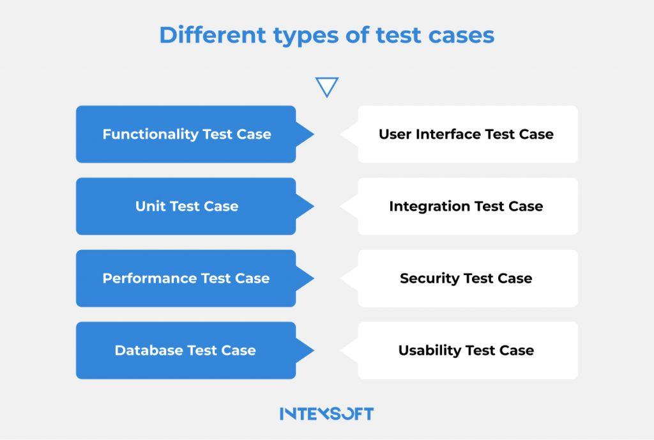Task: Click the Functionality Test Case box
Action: [x=186, y=134]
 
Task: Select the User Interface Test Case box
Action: [x=468, y=134]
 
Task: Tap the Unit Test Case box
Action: [x=186, y=207]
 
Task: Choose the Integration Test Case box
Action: [x=468, y=207]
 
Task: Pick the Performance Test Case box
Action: [x=186, y=278]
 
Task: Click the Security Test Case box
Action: [x=468, y=278]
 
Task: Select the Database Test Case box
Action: [x=186, y=350]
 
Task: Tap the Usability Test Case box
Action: [x=468, y=350]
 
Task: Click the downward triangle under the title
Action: [x=327, y=86]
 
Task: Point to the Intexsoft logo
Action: [x=326, y=414]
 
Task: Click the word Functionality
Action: [x=151, y=134]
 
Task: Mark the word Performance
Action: [x=149, y=278]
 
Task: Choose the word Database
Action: [x=149, y=350]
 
